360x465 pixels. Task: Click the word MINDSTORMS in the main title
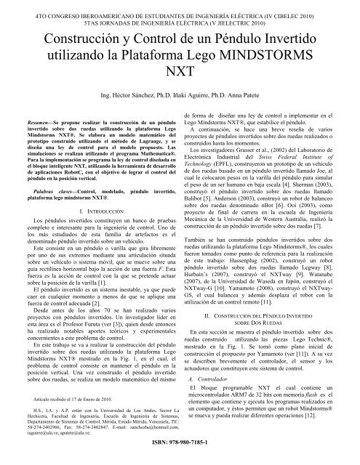tap(271, 54)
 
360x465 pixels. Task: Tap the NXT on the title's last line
tap(180, 73)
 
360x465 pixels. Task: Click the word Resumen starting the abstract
tap(33, 116)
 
